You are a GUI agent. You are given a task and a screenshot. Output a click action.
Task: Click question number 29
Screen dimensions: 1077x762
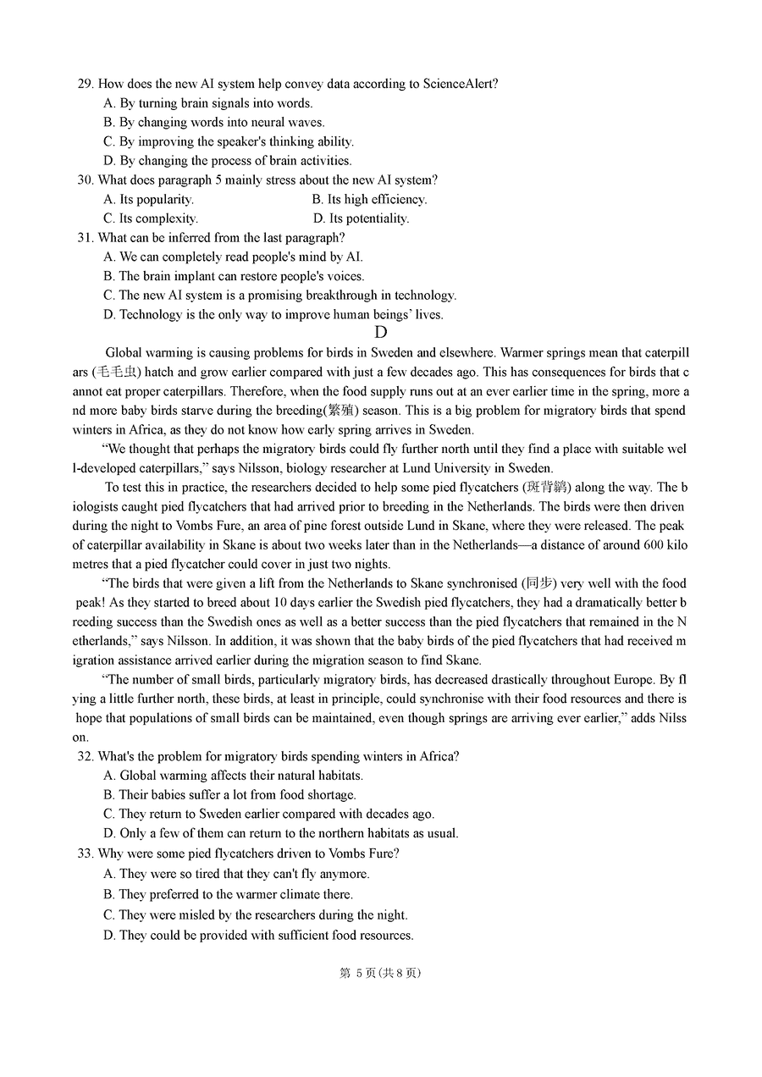pos(85,84)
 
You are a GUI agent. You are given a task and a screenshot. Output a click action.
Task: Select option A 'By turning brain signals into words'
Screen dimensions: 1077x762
pos(208,103)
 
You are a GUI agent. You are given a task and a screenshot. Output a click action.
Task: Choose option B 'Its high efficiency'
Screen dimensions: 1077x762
pos(369,199)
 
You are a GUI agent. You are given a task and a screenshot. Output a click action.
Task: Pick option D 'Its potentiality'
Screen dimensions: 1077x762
pos(361,218)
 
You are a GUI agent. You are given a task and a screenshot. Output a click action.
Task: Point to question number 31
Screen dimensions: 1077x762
pos(85,238)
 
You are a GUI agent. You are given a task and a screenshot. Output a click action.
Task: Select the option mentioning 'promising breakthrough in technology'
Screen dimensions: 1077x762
pos(280,295)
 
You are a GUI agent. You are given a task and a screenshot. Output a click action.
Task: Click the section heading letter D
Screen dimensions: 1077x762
pos(381,333)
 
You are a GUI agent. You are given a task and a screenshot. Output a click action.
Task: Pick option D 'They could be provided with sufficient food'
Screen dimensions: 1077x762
pos(258,936)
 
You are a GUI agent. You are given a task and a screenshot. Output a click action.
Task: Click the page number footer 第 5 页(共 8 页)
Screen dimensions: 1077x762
pos(380,974)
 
